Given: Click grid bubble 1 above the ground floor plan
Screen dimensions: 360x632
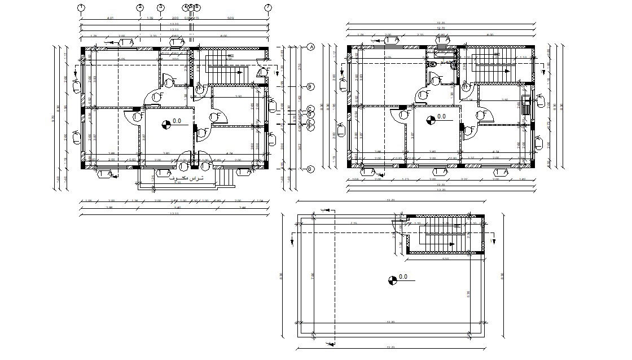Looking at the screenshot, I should point(81,7).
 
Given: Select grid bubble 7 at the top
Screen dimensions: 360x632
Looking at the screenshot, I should point(268,7).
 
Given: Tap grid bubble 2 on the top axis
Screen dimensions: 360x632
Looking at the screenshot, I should point(140,7).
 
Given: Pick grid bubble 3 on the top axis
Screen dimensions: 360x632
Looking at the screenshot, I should point(161,7).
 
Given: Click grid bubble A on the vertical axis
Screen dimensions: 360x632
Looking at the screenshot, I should point(310,47).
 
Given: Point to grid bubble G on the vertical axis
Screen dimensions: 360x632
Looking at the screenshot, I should point(310,169).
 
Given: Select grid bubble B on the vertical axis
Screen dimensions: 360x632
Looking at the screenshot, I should point(310,86).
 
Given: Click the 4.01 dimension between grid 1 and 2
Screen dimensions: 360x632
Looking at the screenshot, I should point(111,19).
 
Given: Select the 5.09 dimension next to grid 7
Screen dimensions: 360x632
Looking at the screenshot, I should point(230,19).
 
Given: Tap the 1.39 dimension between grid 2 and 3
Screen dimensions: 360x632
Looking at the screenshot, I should point(150,19).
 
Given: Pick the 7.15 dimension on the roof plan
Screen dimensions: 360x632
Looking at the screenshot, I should point(353,223).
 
